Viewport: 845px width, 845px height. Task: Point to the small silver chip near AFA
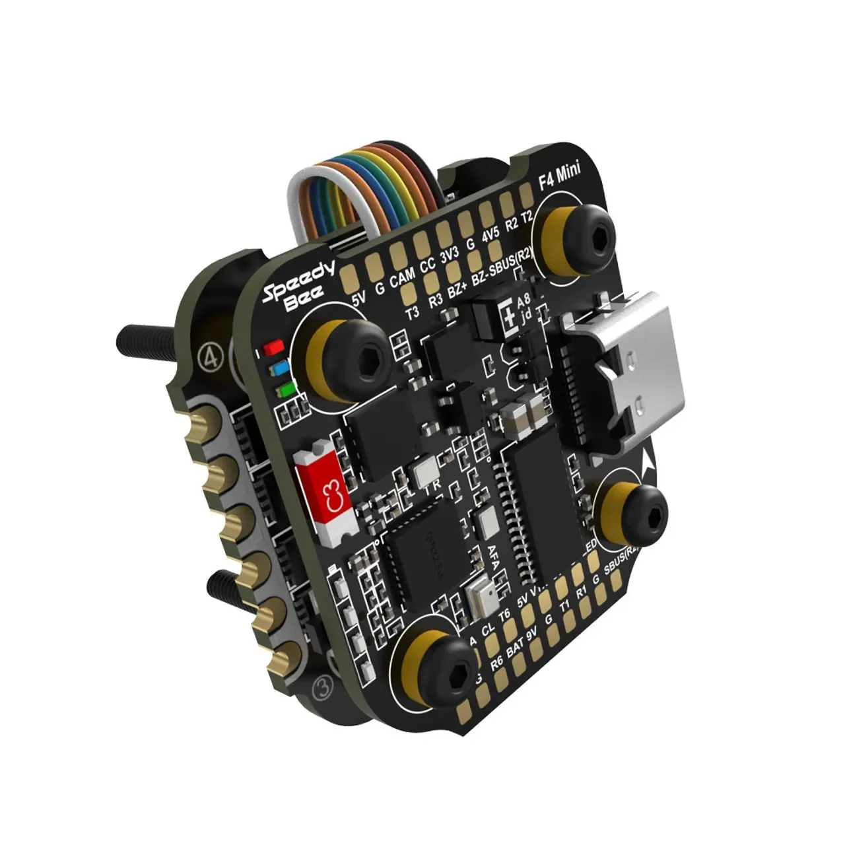(x=480, y=597)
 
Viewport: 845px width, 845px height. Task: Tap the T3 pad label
(x=412, y=314)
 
